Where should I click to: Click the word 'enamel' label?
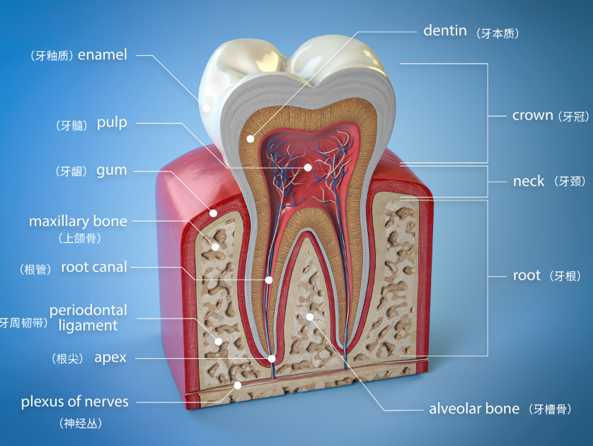point(103,55)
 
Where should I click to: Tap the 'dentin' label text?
point(445,30)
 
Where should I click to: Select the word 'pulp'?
point(112,123)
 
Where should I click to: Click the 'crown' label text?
point(532,115)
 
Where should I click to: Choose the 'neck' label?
point(529,181)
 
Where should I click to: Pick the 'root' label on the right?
point(526,275)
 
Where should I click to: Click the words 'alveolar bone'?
point(474,408)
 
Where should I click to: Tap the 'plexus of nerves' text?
point(75,401)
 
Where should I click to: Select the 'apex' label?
point(110,358)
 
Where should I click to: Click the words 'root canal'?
point(94,267)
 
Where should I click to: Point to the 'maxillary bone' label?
point(78,222)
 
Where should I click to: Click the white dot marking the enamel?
point(206,108)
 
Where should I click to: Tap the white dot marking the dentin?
point(251,139)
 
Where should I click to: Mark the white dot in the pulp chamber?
point(308,167)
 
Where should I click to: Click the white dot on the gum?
point(213,213)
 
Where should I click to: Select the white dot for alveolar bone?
point(310,316)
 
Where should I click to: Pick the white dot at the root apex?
point(272,358)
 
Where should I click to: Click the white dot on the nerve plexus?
point(238,386)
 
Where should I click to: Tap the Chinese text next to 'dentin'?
point(497,34)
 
